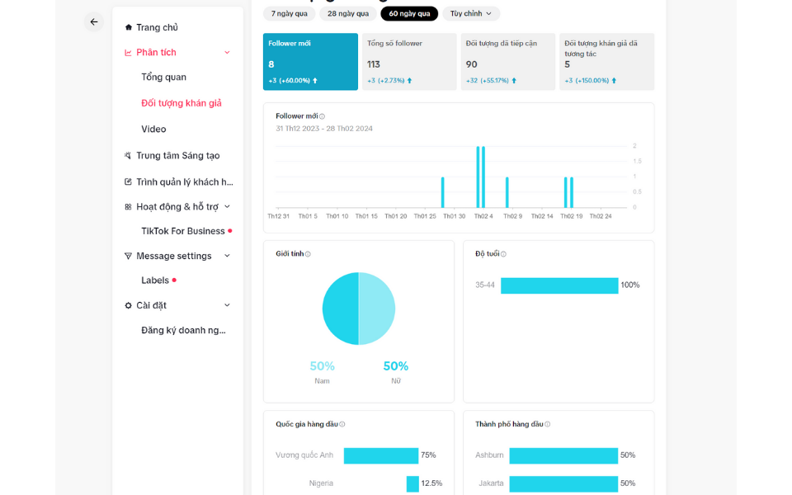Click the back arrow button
coord(94,22)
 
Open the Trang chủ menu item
coord(156,27)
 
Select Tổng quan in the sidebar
coord(163,77)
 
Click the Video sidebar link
coord(153,129)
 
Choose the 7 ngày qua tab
coord(289,13)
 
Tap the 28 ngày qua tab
coord(347,13)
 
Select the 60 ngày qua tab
coord(409,13)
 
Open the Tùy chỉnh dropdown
coord(471,13)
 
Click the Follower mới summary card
coord(310,61)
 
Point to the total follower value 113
coord(374,64)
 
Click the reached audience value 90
coord(472,64)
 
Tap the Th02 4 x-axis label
coord(483,216)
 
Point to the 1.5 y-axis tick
coord(637,161)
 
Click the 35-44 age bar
coord(559,285)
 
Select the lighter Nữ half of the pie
coord(377,309)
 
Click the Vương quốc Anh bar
coord(381,455)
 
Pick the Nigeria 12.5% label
coord(431,483)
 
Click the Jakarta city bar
coord(563,483)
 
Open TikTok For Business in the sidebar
coord(182,231)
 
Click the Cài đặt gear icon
coord(128,305)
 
